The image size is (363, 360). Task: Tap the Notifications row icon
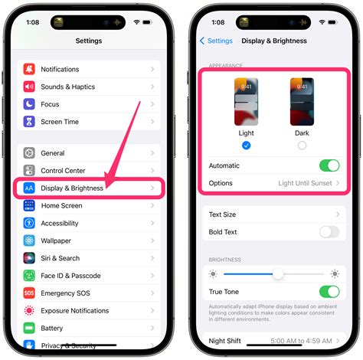(29, 69)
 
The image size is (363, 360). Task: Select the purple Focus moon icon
(29, 104)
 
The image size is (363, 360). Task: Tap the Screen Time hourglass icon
(29, 122)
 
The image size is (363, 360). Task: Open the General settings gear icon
(29, 153)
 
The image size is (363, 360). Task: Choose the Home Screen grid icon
(29, 205)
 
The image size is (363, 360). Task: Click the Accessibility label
(60, 223)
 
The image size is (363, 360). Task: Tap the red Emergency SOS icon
(29, 293)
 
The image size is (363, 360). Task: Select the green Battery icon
(29, 328)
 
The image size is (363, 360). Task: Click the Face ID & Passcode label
(71, 276)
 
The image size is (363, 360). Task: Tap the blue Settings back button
(216, 41)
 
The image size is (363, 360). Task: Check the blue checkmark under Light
(246, 145)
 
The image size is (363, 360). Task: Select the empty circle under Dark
(302, 145)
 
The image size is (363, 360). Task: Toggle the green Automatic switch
(329, 165)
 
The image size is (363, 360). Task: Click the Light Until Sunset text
(305, 183)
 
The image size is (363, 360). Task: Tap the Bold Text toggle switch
(329, 231)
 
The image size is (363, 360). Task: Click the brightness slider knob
(278, 273)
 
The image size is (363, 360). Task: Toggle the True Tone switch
(329, 291)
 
